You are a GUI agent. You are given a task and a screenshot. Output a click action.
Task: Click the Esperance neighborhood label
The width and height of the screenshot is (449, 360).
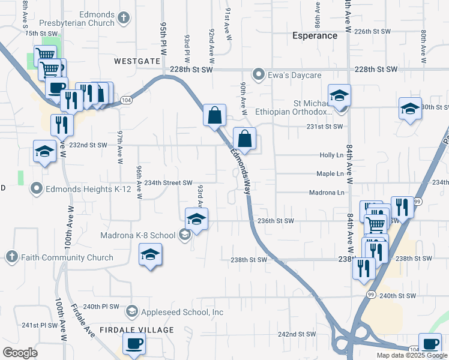(315, 35)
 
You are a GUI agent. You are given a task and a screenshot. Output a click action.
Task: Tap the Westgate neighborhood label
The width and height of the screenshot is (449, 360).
(137, 61)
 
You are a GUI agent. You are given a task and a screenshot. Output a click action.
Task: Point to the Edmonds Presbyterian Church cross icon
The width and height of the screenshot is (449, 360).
(124, 19)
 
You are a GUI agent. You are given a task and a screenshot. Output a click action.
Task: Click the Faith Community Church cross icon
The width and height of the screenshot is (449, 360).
(11, 257)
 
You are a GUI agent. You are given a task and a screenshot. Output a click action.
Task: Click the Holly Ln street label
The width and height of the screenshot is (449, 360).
(331, 155)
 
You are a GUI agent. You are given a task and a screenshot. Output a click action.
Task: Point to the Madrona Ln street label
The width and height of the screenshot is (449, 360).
(327, 193)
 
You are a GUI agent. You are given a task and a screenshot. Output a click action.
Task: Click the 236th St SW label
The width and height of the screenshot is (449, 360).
(276, 221)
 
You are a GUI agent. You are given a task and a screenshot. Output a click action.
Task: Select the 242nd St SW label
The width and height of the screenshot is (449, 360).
(297, 334)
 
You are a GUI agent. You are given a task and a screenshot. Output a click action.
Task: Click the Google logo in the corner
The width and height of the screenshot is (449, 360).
(20, 353)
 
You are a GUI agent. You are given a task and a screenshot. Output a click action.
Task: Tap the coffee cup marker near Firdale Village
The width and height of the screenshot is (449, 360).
(133, 343)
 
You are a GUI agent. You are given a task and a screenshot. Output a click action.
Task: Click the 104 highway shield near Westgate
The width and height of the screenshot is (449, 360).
(126, 101)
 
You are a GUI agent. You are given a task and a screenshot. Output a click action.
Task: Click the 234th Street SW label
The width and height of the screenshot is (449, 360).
(168, 183)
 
